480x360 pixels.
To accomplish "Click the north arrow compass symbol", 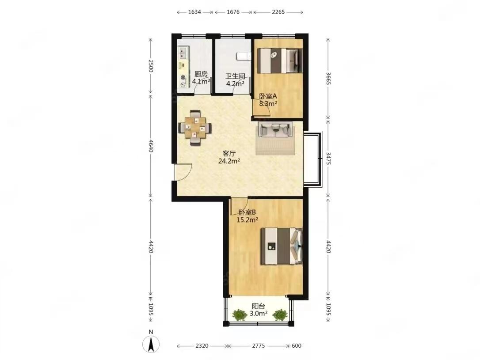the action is (x=151, y=344).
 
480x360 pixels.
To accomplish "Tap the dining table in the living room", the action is (x=195, y=127).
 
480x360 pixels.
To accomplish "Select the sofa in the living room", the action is (x=275, y=129).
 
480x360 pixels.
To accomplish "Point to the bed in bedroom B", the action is (x=282, y=246).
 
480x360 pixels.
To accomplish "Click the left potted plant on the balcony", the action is (x=240, y=315).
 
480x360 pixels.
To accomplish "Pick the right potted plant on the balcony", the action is (x=280, y=315).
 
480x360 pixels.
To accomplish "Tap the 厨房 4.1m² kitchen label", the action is (x=201, y=78).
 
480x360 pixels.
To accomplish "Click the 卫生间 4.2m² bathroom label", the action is (x=235, y=80).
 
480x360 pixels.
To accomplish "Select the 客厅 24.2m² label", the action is (x=229, y=157).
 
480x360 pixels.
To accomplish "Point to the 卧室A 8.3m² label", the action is (x=268, y=99).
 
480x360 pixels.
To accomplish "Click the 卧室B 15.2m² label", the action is (x=247, y=216).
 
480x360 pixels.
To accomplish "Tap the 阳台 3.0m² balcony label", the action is (x=259, y=310).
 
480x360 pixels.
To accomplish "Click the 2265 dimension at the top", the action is (x=278, y=12).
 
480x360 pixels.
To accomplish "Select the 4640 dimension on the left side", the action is (x=150, y=146).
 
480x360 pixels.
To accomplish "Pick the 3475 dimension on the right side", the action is (x=328, y=159).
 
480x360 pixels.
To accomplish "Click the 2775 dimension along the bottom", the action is (x=259, y=345).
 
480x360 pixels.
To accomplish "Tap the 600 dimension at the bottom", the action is (x=296, y=345).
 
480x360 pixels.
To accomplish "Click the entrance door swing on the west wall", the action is (x=183, y=172).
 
